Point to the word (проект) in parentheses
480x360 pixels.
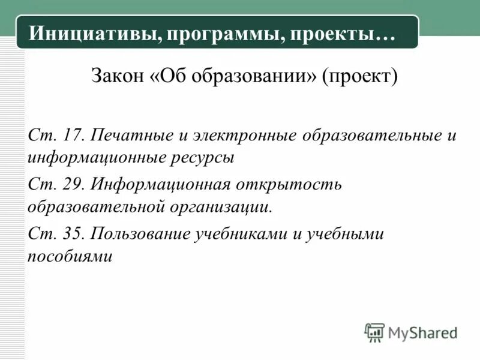click(360, 77)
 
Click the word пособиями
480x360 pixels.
click(70, 256)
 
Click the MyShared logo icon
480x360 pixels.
click(374, 332)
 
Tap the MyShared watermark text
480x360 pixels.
click(422, 332)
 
